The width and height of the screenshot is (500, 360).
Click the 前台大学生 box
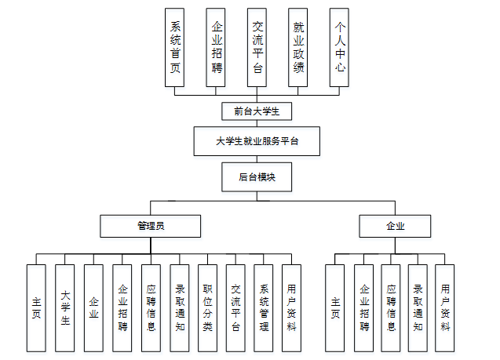tap(257, 110)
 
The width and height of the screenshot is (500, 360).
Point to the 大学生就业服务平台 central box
tap(257, 142)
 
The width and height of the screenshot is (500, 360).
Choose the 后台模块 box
tap(257, 177)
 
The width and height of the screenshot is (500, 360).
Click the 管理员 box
tap(150, 226)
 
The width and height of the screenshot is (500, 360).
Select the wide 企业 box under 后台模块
tap(395, 226)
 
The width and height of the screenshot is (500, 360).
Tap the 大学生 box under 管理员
tap(65, 307)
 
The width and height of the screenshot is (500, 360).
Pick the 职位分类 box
tap(206, 307)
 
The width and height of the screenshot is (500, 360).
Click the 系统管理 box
tap(264, 307)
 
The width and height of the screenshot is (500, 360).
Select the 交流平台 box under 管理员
tap(235, 307)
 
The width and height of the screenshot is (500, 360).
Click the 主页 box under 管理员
tap(37, 307)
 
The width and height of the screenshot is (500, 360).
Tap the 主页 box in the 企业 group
tap(335, 307)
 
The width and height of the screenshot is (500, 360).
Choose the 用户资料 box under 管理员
tap(291, 307)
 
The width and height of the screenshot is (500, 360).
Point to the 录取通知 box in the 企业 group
tap(418, 307)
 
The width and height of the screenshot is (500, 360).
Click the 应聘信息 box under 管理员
tap(151, 307)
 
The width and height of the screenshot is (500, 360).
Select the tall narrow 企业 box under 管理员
tap(93, 307)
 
